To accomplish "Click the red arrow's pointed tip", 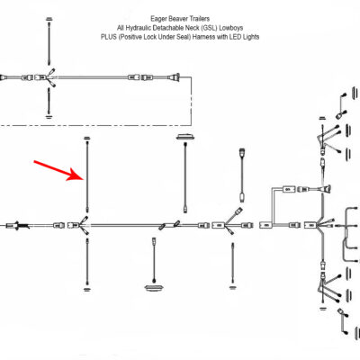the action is tap(84, 178).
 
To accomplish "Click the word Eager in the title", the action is tap(158, 19).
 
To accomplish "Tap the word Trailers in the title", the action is tap(200, 19).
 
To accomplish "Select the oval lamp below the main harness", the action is tap(154, 288).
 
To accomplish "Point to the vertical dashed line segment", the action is tap(192, 101).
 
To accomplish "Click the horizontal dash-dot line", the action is tap(95, 125).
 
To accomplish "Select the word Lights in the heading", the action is tap(251, 37).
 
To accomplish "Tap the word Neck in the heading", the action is tap(191, 28).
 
